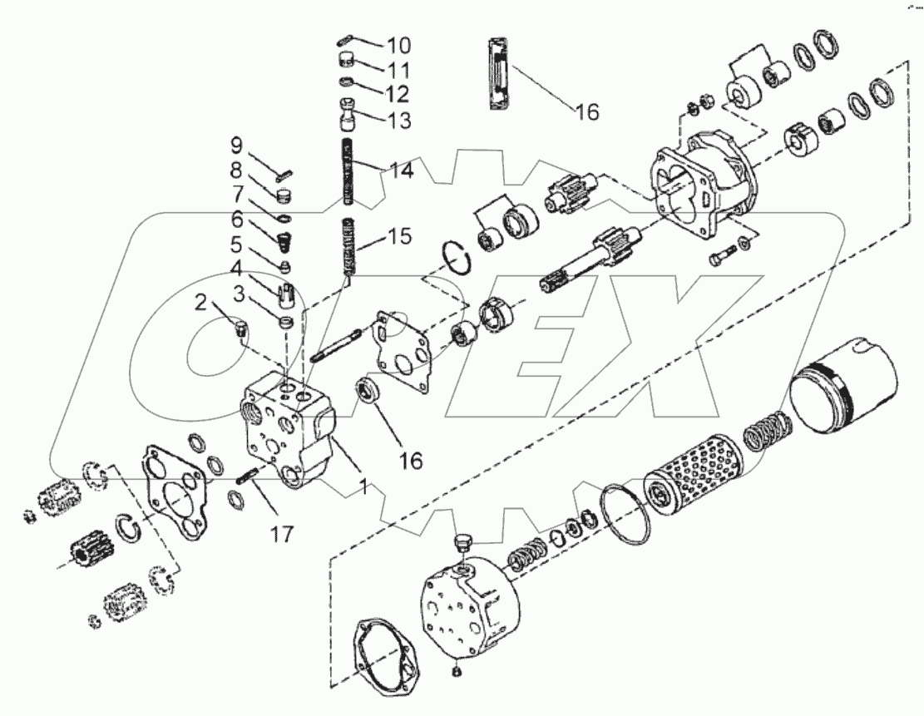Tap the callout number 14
click(398, 171)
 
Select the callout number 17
click(282, 533)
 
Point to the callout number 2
click(200, 303)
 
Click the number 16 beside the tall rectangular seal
click(587, 111)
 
